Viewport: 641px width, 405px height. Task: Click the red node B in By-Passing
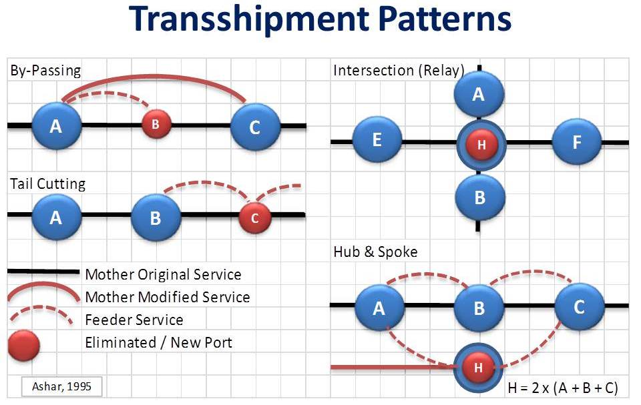pyautogui.click(x=156, y=124)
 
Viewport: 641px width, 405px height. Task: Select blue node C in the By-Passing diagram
pyautogui.click(x=255, y=127)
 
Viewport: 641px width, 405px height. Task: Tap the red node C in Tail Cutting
pyautogui.click(x=254, y=218)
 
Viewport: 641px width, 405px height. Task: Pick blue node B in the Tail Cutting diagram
pyautogui.click(x=156, y=218)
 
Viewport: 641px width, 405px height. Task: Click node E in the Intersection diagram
pyautogui.click(x=377, y=139)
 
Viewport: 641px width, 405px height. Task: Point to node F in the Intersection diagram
pyautogui.click(x=576, y=142)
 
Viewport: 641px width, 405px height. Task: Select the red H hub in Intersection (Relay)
pyautogui.click(x=481, y=144)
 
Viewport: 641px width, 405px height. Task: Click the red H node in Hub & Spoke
pyautogui.click(x=478, y=368)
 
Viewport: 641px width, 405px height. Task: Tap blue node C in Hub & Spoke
pyautogui.click(x=580, y=308)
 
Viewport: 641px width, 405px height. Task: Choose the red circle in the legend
pyautogui.click(x=24, y=346)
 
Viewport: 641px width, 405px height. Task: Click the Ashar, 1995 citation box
pyautogui.click(x=61, y=386)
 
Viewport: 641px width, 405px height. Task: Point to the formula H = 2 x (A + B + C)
pyautogui.click(x=562, y=388)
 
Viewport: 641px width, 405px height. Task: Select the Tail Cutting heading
pyautogui.click(x=48, y=184)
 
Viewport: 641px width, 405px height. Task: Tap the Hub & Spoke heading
pyautogui.click(x=375, y=252)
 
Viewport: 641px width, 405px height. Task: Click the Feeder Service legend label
pyautogui.click(x=134, y=320)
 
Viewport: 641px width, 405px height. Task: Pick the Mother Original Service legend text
pyautogui.click(x=163, y=274)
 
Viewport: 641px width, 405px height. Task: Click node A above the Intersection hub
pyautogui.click(x=479, y=94)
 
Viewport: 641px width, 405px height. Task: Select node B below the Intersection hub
pyautogui.click(x=480, y=197)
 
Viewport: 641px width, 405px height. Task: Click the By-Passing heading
pyautogui.click(x=45, y=71)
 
